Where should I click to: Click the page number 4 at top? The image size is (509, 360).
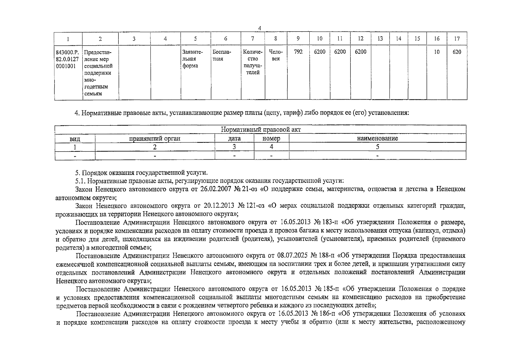pos(260,28)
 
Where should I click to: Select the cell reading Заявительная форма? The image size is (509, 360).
pos(193,59)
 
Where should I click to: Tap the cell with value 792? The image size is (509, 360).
pos(298,52)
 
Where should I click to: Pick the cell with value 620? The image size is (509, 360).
pos(457,52)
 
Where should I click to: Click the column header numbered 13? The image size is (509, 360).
pos(380,39)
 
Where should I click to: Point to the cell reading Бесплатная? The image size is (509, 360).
pos(222,55)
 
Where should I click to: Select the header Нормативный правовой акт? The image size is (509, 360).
pos(260,130)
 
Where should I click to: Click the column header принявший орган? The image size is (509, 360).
pos(155,138)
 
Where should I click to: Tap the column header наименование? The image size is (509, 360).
pos(377,138)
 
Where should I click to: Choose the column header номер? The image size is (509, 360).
pos(271,138)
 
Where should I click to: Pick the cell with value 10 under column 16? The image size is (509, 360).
pos(437,52)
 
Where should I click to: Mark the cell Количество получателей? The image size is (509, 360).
pos(253,62)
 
